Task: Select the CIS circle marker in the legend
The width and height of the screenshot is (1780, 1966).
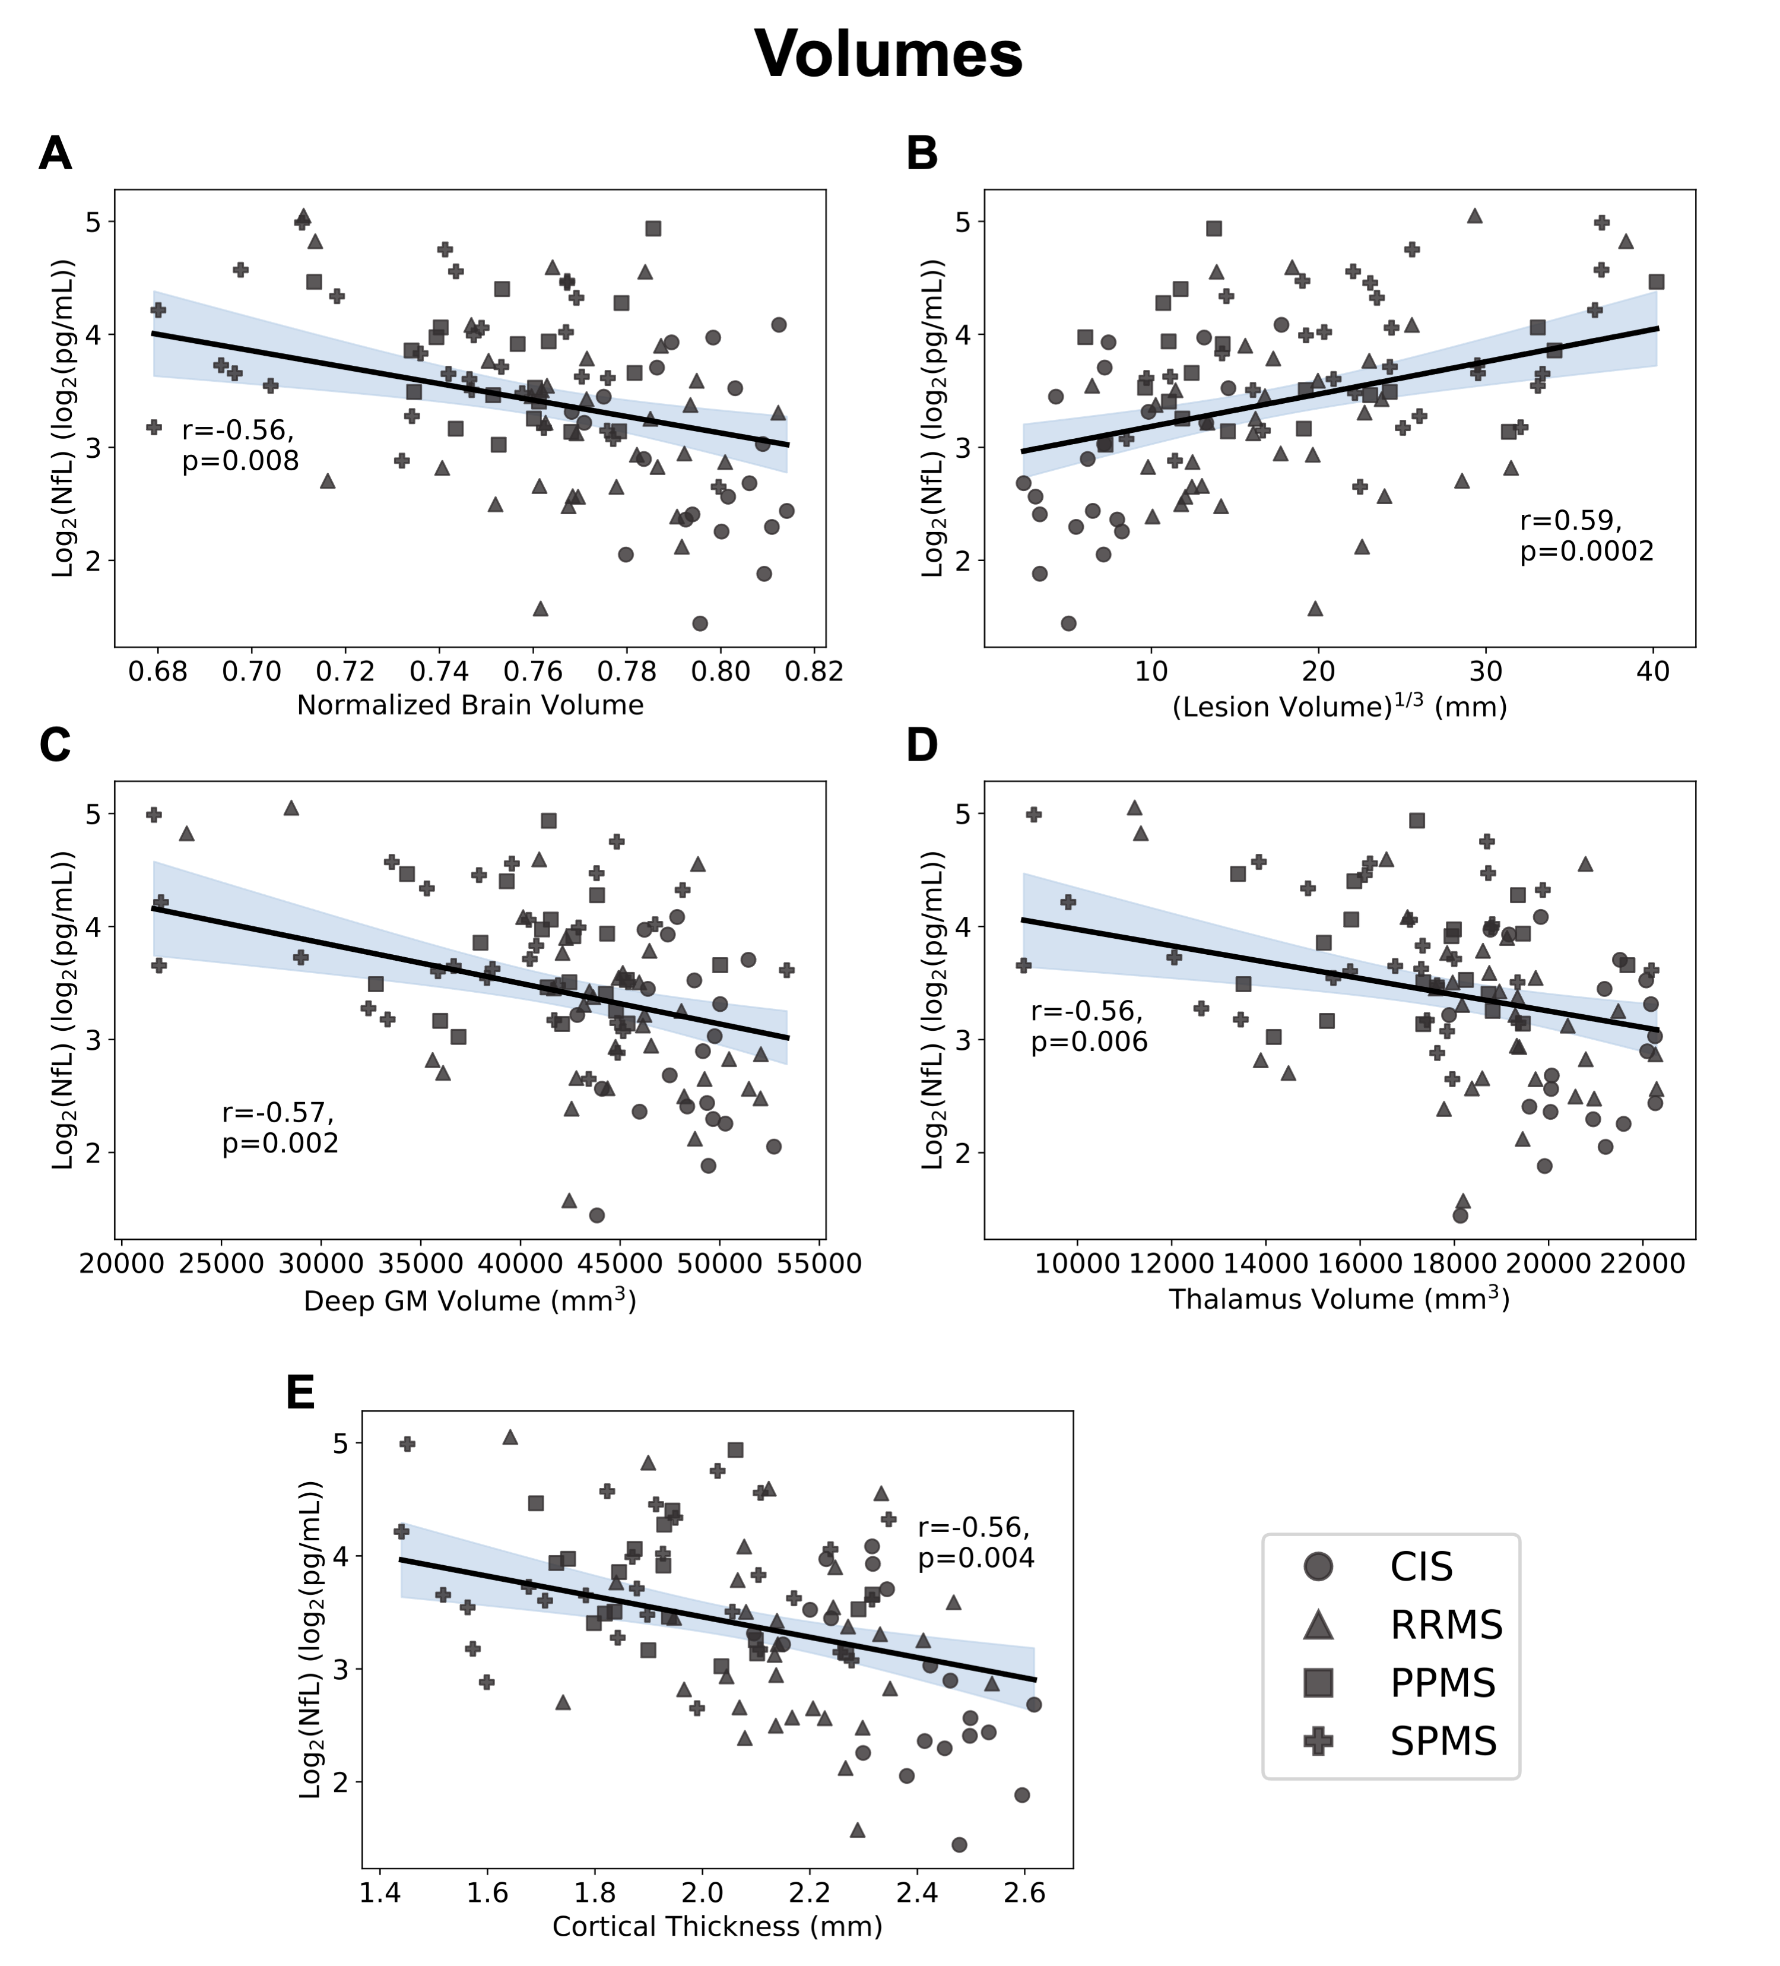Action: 1318,1566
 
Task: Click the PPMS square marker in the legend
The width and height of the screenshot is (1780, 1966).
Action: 1318,1682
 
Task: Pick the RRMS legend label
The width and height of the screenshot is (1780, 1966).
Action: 1446,1625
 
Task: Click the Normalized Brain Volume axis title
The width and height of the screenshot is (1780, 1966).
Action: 470,705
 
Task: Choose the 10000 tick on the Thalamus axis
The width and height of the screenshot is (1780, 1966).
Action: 1076,1265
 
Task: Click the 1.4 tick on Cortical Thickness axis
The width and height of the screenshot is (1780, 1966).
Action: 379,1894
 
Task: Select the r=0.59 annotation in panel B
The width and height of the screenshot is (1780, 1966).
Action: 1570,522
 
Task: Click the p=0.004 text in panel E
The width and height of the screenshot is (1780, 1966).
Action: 976,1558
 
